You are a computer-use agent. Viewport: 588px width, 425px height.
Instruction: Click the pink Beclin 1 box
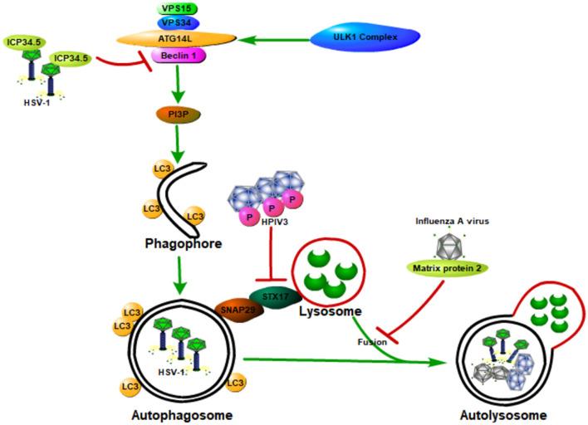[176, 54]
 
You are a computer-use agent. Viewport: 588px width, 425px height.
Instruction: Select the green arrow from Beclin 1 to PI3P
[176, 83]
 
